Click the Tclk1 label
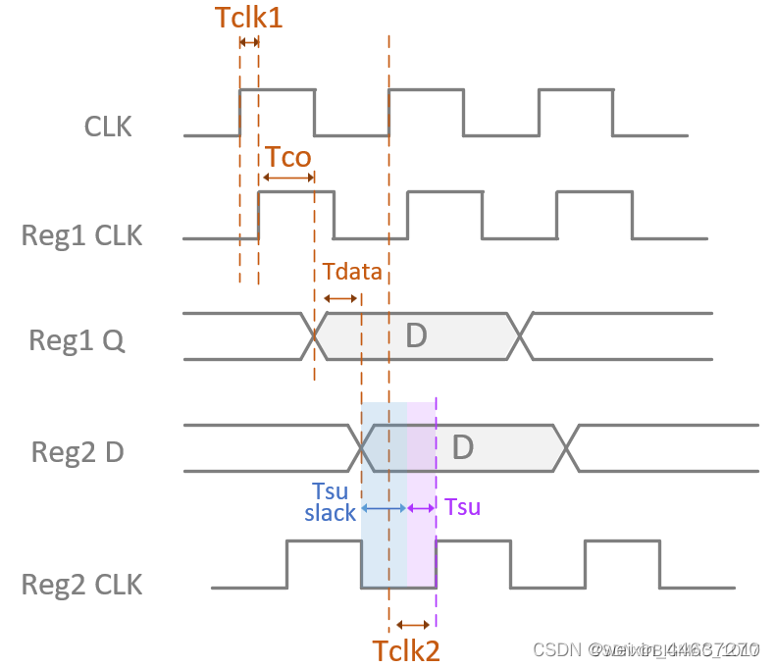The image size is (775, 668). click(x=248, y=17)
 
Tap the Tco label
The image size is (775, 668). click(x=287, y=157)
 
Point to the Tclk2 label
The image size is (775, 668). click(x=405, y=650)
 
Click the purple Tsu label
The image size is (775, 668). click(x=462, y=507)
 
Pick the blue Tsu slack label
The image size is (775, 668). click(x=331, y=501)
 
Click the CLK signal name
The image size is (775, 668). click(x=108, y=127)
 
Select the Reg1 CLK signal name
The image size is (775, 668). click(x=81, y=235)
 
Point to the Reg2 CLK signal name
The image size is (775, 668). click(x=81, y=586)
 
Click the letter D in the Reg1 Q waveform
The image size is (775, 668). click(x=416, y=336)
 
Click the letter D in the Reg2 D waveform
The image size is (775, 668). click(x=462, y=447)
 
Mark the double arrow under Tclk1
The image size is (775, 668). click(x=248, y=41)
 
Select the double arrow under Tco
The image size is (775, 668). click(x=287, y=178)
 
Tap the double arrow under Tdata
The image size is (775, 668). click(x=340, y=298)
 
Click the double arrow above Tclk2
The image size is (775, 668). click(x=412, y=624)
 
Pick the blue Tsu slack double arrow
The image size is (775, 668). click(x=384, y=508)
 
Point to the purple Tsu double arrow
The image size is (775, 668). click(x=422, y=507)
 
